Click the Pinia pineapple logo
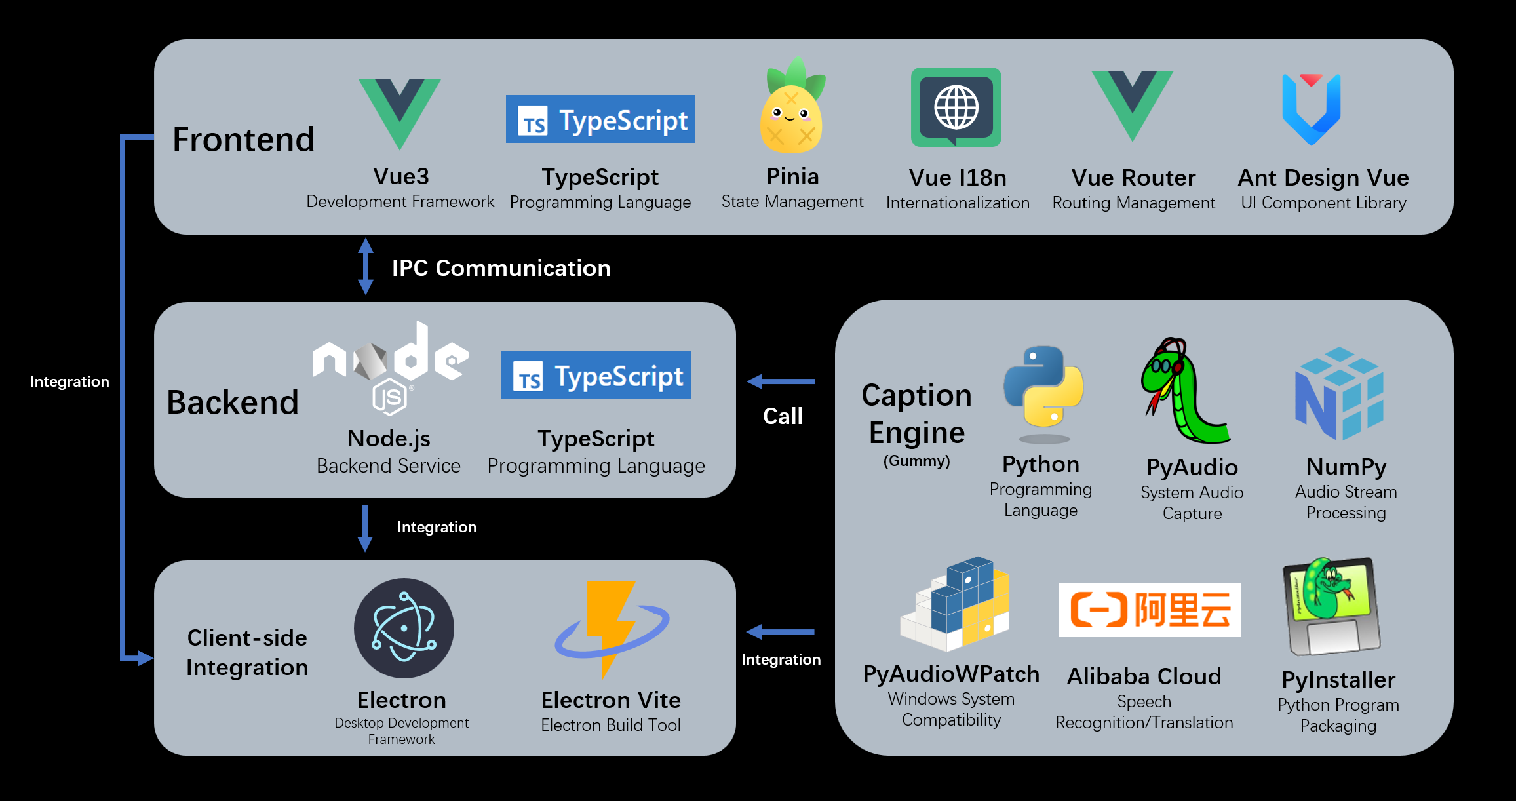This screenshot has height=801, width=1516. pyautogui.click(x=792, y=108)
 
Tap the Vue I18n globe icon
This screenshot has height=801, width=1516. pyautogui.click(x=956, y=107)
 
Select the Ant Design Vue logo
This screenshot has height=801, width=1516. pyautogui.click(x=1311, y=108)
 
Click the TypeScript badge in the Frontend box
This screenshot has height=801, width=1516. pyautogui.click(x=600, y=119)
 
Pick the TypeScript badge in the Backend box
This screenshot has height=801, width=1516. pyautogui.click(x=596, y=375)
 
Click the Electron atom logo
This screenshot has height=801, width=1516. pyautogui.click(x=404, y=628)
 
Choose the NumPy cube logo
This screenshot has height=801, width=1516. pyautogui.click(x=1339, y=393)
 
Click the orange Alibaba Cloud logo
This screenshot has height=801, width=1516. pyautogui.click(x=1149, y=610)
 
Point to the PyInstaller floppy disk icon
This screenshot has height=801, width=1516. pyautogui.click(x=1331, y=606)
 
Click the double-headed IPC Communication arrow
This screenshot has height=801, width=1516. pyautogui.click(x=366, y=266)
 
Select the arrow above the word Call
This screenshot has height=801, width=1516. pyautogui.click(x=781, y=381)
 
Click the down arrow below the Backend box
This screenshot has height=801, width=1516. pyautogui.click(x=365, y=528)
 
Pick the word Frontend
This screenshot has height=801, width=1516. pyautogui.click(x=244, y=140)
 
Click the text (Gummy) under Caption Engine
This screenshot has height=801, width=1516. pyautogui.click(x=916, y=461)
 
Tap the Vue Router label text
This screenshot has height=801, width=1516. pyautogui.click(x=1133, y=178)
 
